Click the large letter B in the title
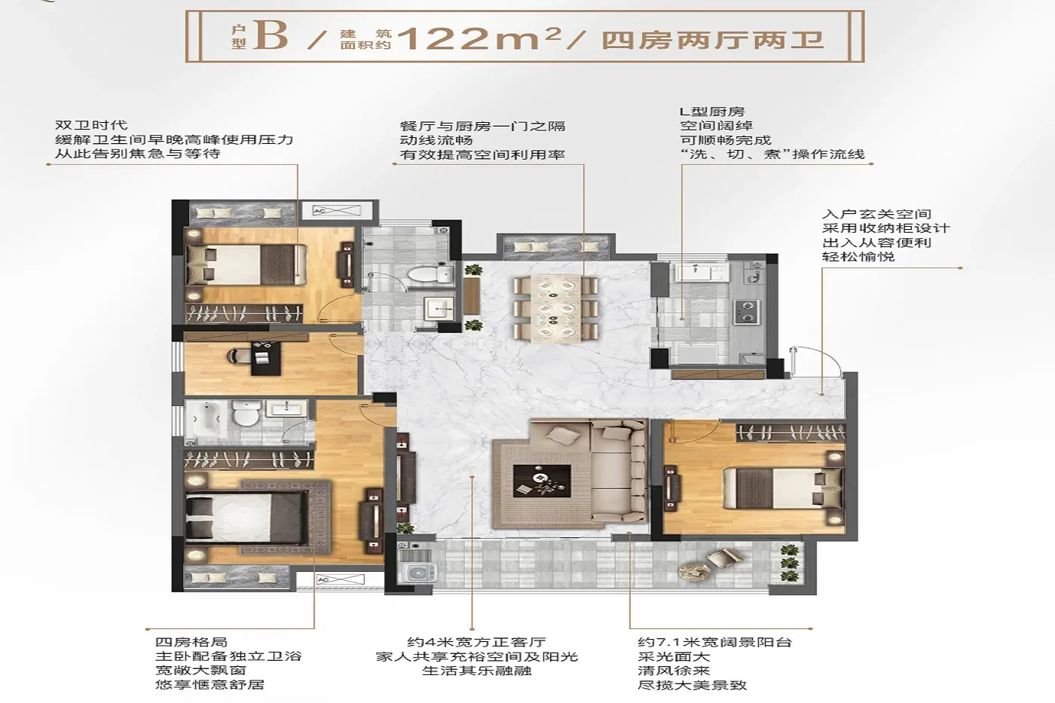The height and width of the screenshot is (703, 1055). [271, 35]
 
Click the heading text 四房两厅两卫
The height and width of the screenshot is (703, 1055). [713, 39]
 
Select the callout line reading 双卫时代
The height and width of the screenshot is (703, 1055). [91, 125]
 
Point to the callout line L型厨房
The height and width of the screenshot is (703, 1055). [712, 112]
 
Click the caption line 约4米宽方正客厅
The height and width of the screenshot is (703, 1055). [476, 642]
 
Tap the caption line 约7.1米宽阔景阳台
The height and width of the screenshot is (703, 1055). [714, 642]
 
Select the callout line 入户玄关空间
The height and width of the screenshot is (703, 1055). [876, 214]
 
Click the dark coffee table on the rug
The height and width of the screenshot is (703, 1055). [542, 480]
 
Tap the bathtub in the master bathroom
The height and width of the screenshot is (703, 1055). [205, 420]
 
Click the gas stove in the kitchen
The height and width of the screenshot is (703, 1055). [745, 312]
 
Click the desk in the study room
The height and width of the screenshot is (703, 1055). [266, 358]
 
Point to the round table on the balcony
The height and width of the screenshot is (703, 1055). [694, 570]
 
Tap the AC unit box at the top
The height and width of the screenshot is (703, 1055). [336, 210]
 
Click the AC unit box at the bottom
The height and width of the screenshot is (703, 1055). [340, 579]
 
